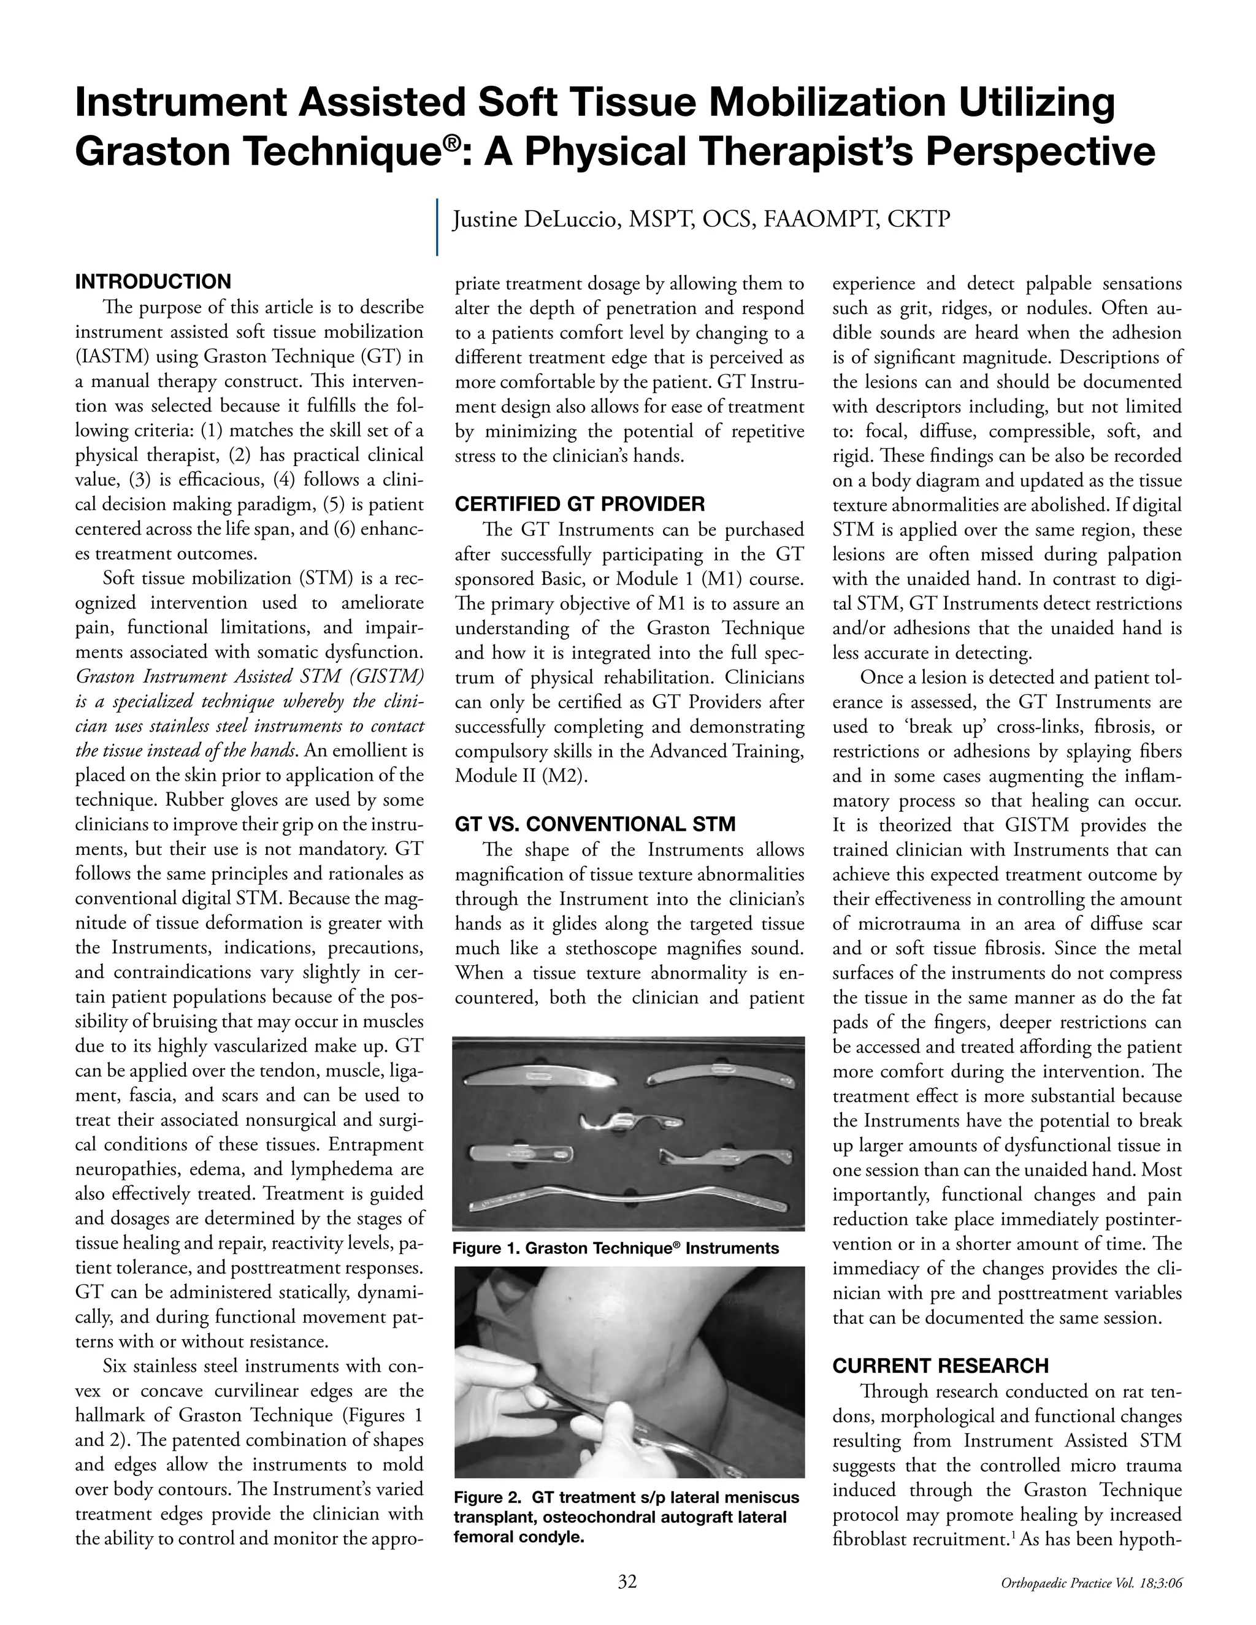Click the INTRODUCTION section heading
[x=153, y=282]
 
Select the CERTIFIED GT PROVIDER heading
[x=580, y=505]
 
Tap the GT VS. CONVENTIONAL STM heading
[x=594, y=824]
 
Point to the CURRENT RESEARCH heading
[x=941, y=1366]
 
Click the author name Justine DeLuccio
[x=537, y=220]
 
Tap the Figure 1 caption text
[x=615, y=1248]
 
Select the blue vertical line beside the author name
[x=437, y=226]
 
